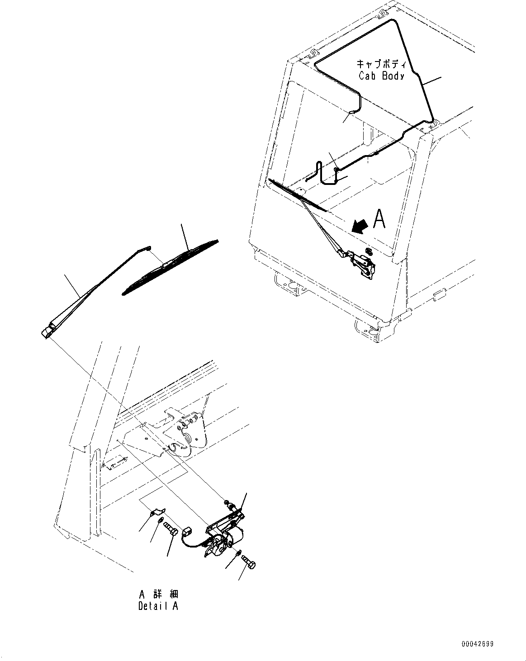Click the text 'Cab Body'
(x=381, y=76)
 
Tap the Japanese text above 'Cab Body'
(x=381, y=64)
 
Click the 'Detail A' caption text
(x=158, y=606)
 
